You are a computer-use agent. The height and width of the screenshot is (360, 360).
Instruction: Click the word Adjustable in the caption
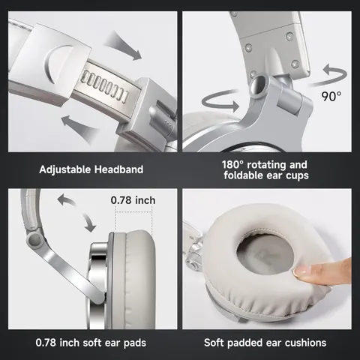coord(65,169)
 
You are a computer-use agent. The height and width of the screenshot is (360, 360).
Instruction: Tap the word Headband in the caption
coord(118,169)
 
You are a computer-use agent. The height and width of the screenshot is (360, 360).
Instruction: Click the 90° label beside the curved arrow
coord(331,97)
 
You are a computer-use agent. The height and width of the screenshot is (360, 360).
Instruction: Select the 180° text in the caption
coord(232,165)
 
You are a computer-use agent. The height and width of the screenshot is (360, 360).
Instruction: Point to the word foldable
coord(244,175)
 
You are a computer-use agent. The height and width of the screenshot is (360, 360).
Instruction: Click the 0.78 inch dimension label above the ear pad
coord(133,200)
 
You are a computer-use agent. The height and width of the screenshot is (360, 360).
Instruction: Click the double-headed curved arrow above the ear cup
coord(76,212)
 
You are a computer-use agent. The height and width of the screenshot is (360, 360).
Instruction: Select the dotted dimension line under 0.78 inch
coord(133,212)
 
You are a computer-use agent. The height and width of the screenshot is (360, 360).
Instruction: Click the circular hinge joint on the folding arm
coord(34,239)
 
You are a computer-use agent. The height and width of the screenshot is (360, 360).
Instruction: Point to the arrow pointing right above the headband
coord(122,46)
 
